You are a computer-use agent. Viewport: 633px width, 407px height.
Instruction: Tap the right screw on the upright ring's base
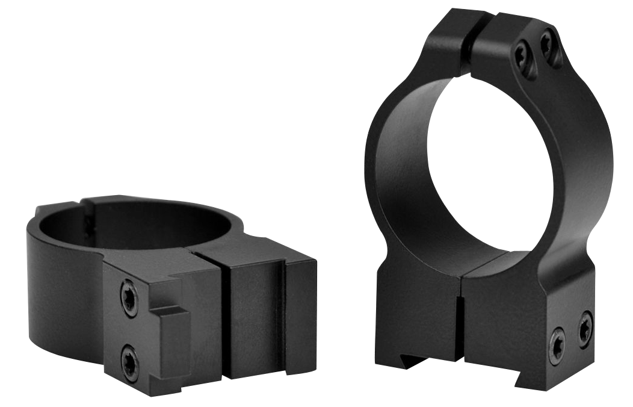(x=584, y=328)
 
